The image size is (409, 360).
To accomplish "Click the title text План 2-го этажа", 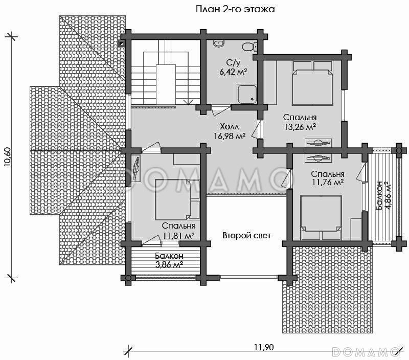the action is [235, 9].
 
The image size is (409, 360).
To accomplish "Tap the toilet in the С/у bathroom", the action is [249, 47].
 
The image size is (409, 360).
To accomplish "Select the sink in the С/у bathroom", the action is [218, 44].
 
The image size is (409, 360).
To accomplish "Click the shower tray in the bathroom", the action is [246, 94].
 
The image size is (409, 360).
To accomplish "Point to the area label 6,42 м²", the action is [233, 72].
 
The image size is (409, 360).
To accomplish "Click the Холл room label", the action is [229, 127].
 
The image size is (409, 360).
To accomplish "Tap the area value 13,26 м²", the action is [300, 127].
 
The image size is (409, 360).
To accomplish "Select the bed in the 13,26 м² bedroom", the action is [313, 83].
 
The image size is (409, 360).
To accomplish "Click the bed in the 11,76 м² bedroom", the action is [321, 217].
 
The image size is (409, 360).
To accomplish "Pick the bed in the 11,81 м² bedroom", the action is [177, 199].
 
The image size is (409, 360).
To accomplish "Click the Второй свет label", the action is [246, 236].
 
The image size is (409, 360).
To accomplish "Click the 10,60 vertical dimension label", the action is [7, 156].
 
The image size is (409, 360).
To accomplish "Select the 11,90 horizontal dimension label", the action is [264, 347].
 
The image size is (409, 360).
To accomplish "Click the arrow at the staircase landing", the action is [188, 102].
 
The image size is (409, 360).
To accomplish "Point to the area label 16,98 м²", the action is [230, 136].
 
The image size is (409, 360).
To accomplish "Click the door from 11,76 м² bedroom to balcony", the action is [361, 172].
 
